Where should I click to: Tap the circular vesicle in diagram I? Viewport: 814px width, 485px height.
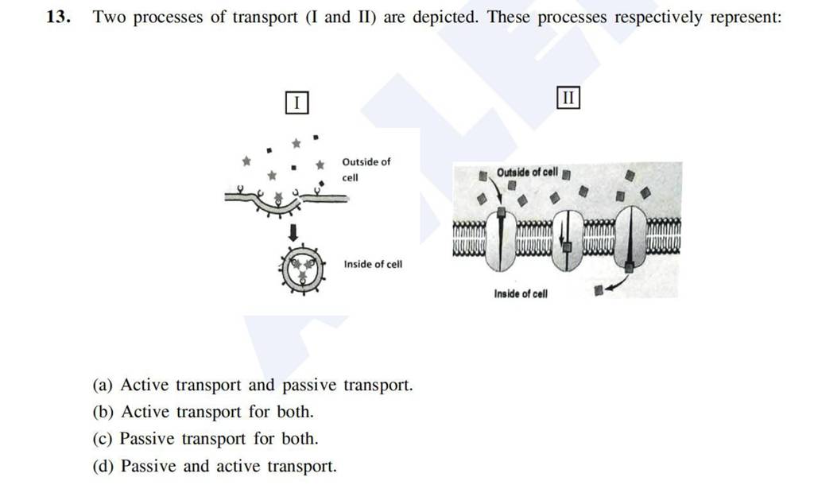click(x=302, y=268)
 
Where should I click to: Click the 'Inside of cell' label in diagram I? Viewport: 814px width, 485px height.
click(x=373, y=264)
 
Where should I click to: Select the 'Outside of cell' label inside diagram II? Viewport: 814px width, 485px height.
click(x=526, y=173)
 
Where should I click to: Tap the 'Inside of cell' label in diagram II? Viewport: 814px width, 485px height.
click(x=521, y=293)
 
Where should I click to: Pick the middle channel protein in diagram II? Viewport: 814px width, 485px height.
click(x=566, y=239)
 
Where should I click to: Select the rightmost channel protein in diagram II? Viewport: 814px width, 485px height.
click(x=629, y=239)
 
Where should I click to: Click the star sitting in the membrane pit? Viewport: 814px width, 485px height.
click(x=277, y=197)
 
